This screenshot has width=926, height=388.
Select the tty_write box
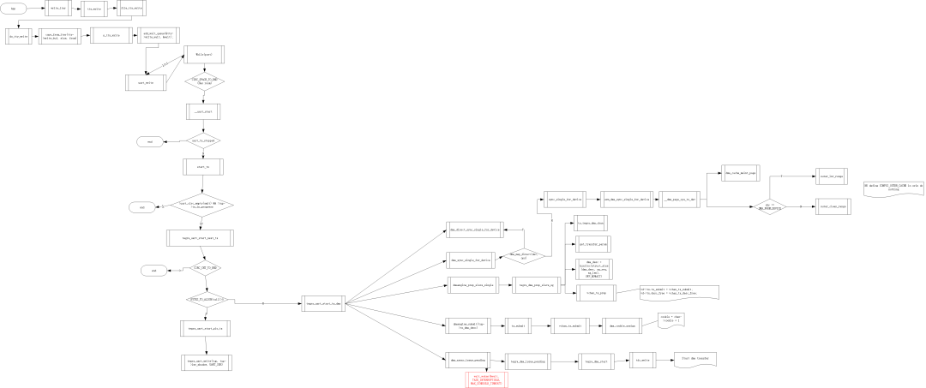coord(94,9)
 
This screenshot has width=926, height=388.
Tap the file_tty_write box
coord(131,9)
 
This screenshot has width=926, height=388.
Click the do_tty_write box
coord(18,36)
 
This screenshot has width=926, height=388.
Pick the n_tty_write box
coord(110,36)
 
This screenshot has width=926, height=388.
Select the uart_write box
coord(146,82)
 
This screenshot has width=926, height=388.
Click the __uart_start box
coord(203,111)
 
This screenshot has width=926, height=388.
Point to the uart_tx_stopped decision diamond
coord(203,140)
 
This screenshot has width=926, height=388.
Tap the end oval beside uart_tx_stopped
coord(150,141)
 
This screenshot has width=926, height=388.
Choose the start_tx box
coord(203,167)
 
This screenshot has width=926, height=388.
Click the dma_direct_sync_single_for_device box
coord(473,230)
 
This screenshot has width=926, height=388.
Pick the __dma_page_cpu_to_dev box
coord(681,199)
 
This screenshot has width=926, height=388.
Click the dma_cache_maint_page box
coord(741,173)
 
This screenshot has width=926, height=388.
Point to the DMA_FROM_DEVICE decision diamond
coord(770,206)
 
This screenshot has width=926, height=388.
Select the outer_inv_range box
coord(832,176)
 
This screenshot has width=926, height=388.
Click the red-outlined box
coord(487,379)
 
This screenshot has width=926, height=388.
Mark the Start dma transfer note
coord(695,360)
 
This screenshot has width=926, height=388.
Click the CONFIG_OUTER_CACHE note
coord(893,188)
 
